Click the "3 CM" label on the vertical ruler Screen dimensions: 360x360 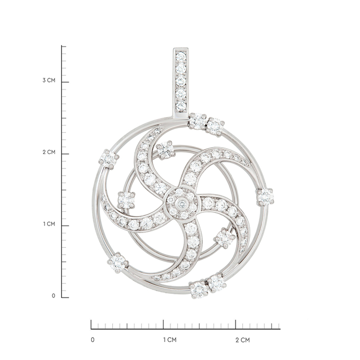(49, 80)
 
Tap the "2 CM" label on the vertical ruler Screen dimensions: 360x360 (49, 152)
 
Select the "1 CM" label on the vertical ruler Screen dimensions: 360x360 (49, 224)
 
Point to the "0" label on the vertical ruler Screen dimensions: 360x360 (53, 296)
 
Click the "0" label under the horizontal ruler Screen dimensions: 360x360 (93, 340)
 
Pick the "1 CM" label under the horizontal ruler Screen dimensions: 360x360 (170, 340)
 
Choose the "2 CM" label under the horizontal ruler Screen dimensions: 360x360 (242, 340)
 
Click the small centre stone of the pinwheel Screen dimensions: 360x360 (182, 203)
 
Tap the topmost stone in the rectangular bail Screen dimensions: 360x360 (181, 56)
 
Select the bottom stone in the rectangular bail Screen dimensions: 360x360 (181, 106)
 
